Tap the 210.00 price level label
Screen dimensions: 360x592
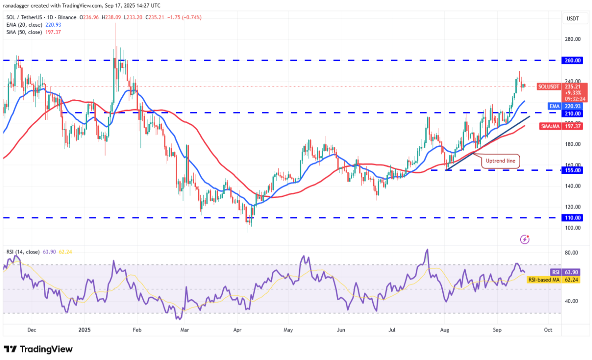click(573, 113)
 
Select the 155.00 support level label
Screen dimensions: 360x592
click(573, 170)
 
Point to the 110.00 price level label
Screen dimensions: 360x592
click(573, 218)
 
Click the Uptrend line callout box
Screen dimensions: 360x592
click(501, 160)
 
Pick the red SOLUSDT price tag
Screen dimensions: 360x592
click(549, 86)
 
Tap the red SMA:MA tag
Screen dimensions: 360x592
click(550, 126)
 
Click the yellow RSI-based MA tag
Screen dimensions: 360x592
click(544, 280)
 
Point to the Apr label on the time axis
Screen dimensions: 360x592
click(237, 330)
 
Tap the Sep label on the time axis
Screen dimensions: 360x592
click(497, 330)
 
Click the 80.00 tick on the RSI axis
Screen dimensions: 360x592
click(572, 253)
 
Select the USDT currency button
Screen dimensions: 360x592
click(573, 18)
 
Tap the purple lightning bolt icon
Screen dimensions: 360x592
click(525, 239)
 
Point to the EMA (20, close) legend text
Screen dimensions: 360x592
click(23, 25)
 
